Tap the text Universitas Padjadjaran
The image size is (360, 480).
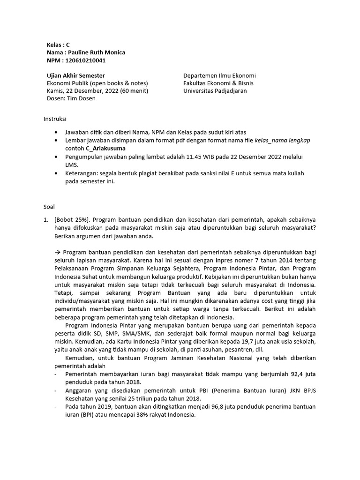tap(215, 91)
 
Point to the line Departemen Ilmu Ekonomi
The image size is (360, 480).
tap(219, 75)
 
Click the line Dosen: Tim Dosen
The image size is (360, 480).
tap(71, 98)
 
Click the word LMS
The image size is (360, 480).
tap(71, 165)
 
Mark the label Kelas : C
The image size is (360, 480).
tap(58, 45)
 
